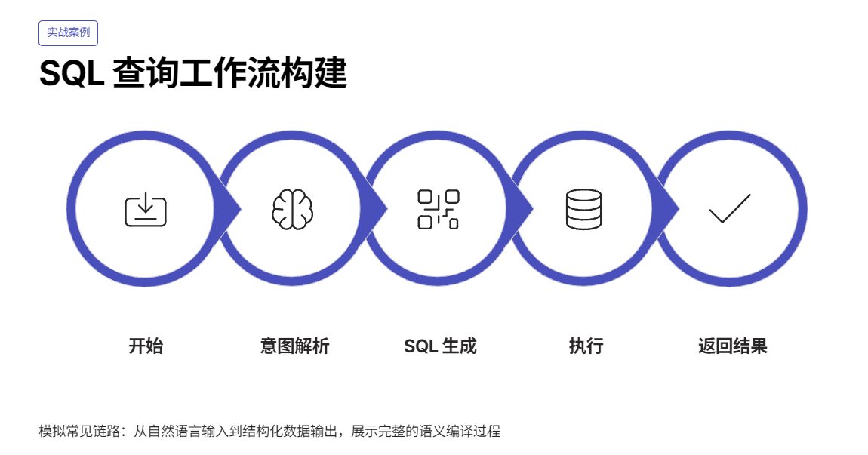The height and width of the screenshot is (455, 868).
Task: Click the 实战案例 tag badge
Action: pos(68,33)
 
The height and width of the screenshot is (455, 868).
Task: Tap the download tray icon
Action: pos(146,209)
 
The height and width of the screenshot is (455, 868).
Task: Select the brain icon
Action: pos(292,209)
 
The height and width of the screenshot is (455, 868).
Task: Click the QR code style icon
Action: pos(439,209)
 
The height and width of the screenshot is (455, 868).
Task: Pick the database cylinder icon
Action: pos(583,209)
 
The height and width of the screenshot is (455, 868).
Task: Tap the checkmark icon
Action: pos(730,209)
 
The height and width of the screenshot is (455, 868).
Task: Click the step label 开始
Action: pos(146,346)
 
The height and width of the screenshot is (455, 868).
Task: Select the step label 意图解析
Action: pos(294,346)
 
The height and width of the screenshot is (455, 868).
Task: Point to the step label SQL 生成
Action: pos(440,346)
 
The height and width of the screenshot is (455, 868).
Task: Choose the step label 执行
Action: pos(586,346)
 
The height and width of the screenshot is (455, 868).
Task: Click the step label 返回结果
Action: pos(732,346)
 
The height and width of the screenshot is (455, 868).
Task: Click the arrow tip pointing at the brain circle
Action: pos(236,209)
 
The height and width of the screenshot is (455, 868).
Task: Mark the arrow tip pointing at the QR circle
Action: pos(383,209)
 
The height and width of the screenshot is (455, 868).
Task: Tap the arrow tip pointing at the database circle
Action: pos(529,209)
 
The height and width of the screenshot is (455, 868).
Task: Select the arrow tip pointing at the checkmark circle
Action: pos(675,209)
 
